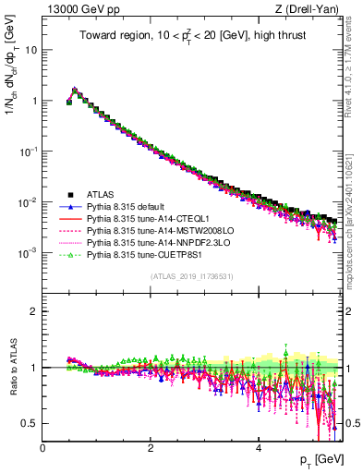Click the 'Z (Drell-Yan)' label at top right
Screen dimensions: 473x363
[x=309, y=9]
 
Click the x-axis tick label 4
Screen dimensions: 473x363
[x=259, y=448]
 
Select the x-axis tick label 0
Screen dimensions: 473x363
[x=43, y=448]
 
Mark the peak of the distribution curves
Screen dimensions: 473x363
[x=75, y=91]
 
